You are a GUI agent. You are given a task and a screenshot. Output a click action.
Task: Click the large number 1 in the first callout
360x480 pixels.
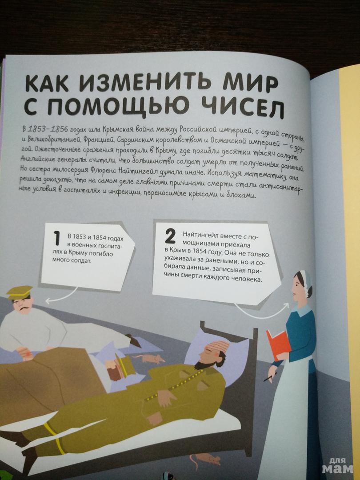pos(56,239)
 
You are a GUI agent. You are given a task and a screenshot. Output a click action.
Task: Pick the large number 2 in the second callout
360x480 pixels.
pos(170,237)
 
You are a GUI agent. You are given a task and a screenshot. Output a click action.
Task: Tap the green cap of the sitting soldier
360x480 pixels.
pos(20,292)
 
